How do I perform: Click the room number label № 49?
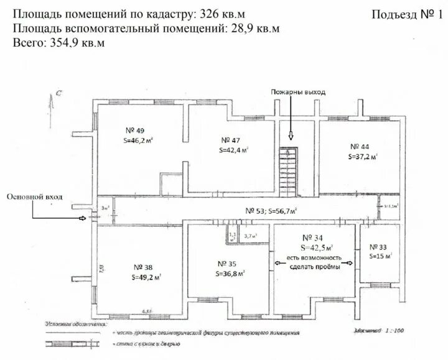(x=136, y=131)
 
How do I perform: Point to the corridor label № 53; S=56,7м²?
(x=271, y=210)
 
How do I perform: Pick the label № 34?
(x=312, y=238)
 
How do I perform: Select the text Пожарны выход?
(x=297, y=93)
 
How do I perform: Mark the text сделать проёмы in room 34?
(x=314, y=267)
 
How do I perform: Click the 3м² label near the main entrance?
(x=106, y=208)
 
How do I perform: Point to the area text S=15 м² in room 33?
(x=380, y=256)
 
